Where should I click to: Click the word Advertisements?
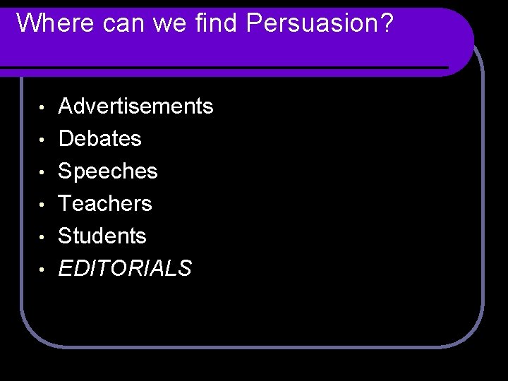(135, 107)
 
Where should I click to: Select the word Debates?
(99, 139)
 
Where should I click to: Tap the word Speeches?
(107, 171)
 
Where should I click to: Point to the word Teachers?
(104, 204)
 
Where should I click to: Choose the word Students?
(102, 236)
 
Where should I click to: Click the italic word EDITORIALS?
(124, 269)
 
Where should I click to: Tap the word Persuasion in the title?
(311, 24)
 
